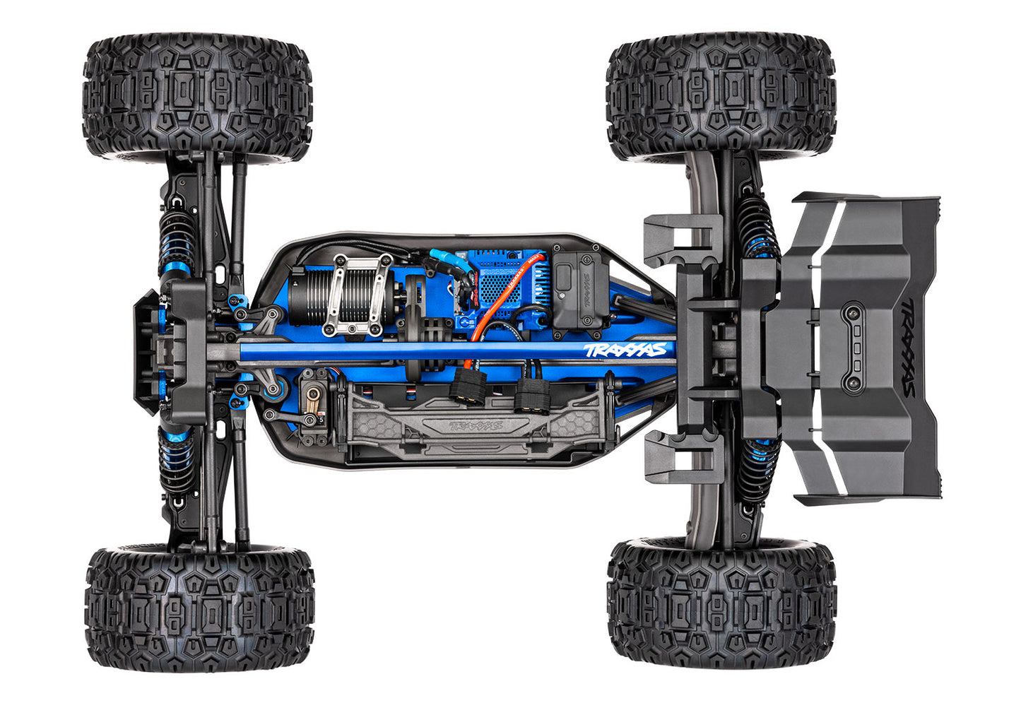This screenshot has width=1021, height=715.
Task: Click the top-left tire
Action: (197, 98)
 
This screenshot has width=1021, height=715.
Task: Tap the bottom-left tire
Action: (199, 608)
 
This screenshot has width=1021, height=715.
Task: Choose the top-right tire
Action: (720, 98)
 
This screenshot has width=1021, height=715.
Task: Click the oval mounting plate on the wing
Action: (854, 348)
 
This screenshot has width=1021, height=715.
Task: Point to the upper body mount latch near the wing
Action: (679, 240)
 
